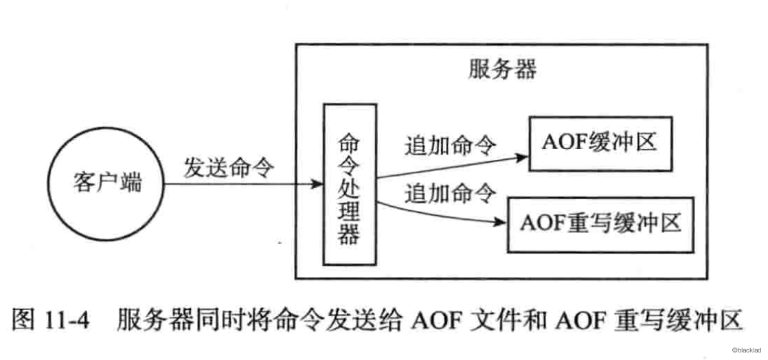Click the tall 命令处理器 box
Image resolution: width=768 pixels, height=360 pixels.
tap(350, 184)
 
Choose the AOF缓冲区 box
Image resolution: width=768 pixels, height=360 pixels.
tap(600, 143)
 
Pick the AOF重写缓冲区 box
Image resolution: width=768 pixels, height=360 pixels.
tap(601, 224)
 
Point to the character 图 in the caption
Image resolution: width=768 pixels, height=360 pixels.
tap(26, 320)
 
